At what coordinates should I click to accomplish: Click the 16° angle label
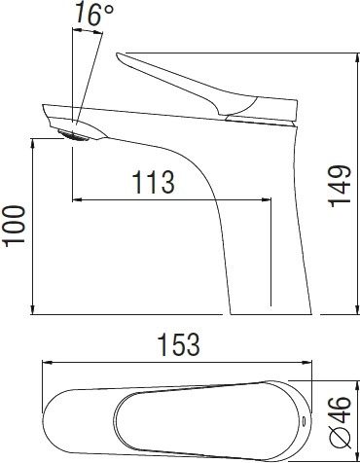(94, 14)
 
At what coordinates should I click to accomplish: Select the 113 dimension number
(154, 182)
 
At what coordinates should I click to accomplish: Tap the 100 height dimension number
(15, 226)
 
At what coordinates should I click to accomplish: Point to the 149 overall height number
(341, 186)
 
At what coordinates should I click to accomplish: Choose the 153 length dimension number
(178, 344)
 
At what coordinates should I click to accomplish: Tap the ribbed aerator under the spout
(74, 135)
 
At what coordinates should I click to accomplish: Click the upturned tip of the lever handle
(118, 54)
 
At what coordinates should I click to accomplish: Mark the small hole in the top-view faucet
(304, 421)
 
